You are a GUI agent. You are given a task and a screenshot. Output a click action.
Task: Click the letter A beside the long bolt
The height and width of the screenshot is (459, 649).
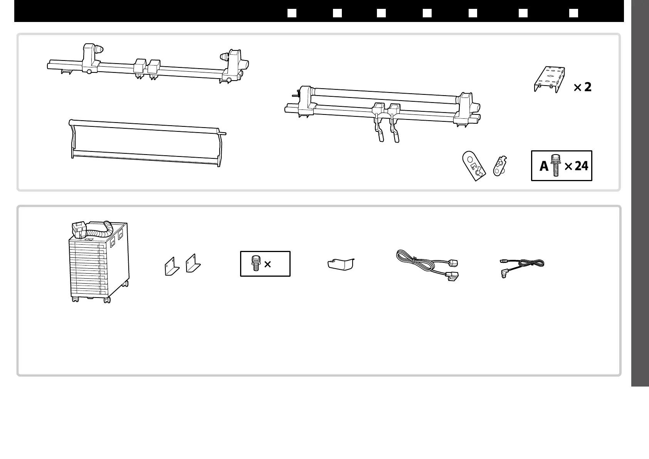pos(543,166)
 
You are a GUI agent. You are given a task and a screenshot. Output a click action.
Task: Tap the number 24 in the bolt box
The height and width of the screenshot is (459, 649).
pos(581,166)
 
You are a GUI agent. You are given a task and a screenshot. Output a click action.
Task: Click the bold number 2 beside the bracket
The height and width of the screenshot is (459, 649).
pos(587,87)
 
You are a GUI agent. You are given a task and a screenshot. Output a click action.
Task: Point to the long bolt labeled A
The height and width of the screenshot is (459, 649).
pos(555,166)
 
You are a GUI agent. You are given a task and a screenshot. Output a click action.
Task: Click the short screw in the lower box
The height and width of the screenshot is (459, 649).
pos(255,264)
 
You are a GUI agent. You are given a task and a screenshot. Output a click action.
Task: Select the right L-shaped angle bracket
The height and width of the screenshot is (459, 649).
pos(193,265)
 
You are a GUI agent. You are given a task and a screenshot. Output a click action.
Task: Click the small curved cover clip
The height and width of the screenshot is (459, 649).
pos(340,265)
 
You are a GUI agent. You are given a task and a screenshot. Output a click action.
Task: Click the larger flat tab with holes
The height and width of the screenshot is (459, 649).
pos(474,166)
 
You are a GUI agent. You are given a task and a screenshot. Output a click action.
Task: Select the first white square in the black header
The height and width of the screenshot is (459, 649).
pos(292,13)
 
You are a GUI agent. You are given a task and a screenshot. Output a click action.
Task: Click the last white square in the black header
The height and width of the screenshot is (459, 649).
pos(574,13)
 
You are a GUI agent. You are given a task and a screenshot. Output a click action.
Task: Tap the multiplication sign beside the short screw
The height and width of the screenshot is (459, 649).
pos(267,264)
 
